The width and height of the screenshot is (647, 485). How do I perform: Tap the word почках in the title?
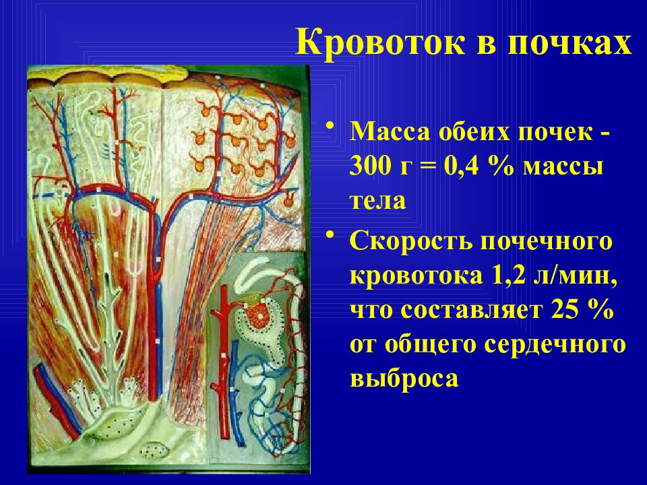(569, 42)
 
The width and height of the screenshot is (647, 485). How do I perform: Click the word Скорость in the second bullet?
(411, 242)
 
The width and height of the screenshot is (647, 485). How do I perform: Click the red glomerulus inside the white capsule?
(258, 317)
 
